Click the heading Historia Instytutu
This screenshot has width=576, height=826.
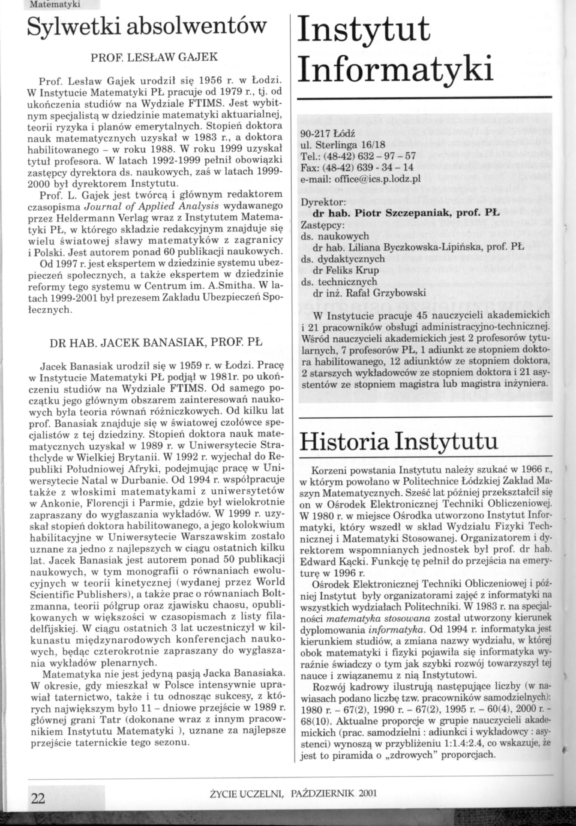click(399, 442)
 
